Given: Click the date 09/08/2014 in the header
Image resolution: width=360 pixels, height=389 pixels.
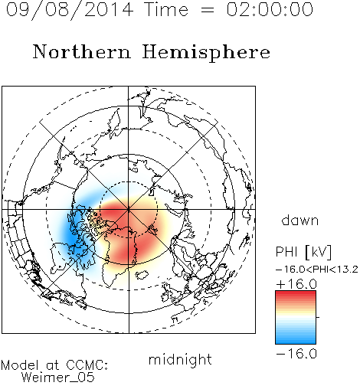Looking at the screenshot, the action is coord(70,10).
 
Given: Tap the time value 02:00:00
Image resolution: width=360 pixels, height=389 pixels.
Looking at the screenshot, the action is coord(270,9).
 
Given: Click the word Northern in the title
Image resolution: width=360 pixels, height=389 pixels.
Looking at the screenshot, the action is coord(82,52).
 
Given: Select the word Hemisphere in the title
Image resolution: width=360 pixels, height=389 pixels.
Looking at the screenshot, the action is coord(206,53).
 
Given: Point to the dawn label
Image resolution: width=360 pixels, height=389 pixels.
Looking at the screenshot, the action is coord(300,220).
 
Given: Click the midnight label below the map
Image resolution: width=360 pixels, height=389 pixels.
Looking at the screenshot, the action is coord(180,360).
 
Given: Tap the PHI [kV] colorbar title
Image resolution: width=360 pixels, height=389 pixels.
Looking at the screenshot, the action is coord(303,252).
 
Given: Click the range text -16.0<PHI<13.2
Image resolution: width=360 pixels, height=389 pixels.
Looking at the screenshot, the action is coord(317,270).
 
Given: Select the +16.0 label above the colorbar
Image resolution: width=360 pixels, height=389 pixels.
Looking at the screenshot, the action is coord(296,284).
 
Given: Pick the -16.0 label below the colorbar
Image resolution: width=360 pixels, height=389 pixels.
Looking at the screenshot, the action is coord(296,354).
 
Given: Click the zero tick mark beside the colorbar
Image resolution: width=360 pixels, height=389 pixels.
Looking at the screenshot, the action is coord(318,317).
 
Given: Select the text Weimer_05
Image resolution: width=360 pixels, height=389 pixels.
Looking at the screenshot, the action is coord(58,378).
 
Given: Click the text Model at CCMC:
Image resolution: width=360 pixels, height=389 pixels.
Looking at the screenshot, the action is coord(54,365).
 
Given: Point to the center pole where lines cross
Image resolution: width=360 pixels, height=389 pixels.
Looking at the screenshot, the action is coord(129,209).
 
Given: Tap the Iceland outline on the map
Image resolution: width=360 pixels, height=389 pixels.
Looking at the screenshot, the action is coord(142,275).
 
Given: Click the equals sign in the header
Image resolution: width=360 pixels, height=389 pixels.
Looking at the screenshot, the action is coord(208,10).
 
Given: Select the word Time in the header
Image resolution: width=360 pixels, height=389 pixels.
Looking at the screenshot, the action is coord(166,9).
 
